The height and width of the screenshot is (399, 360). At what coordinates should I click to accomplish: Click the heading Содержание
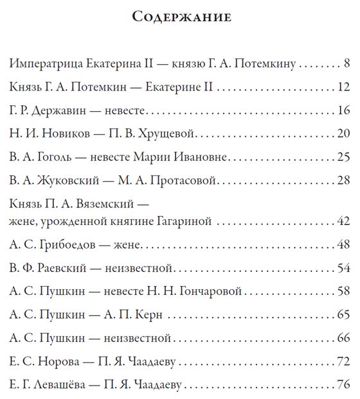181,17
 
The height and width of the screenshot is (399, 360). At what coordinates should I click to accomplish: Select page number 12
343,87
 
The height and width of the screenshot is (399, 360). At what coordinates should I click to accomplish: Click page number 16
343,111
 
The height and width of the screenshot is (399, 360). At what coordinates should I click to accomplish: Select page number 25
343,157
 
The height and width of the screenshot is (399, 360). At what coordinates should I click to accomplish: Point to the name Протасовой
186,181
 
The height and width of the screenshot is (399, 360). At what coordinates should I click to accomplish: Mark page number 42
343,222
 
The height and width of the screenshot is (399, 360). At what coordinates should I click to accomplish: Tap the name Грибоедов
61,245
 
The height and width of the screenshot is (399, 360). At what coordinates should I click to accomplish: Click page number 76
343,385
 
